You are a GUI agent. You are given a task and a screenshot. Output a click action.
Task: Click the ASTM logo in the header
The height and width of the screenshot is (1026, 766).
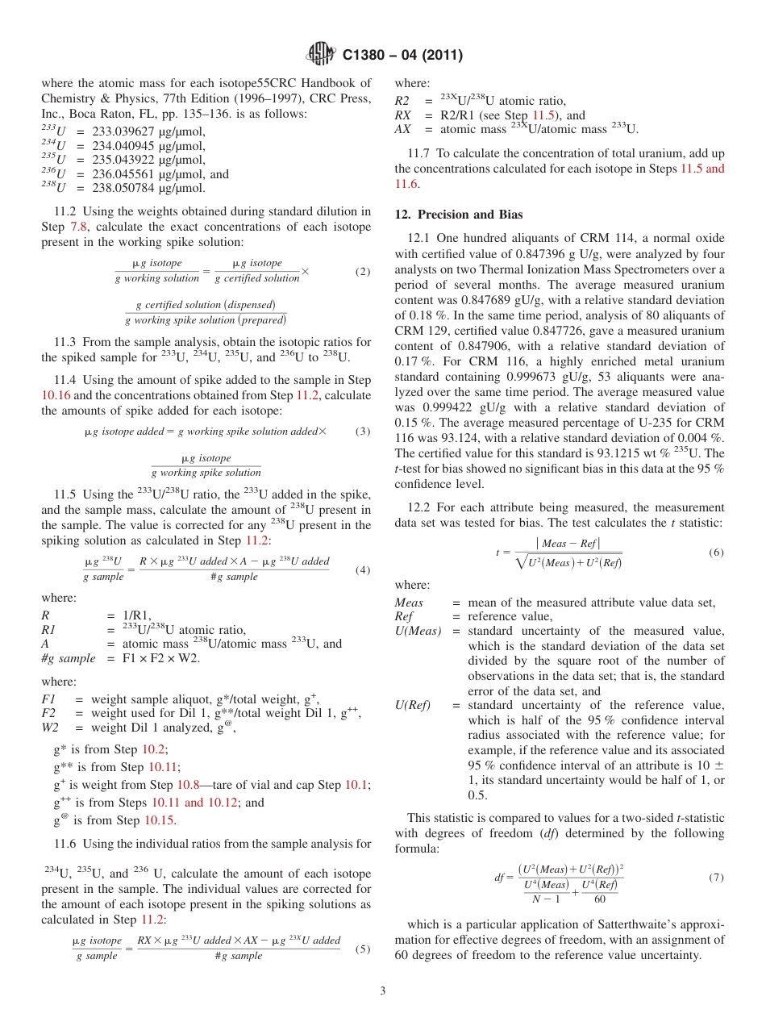pyautogui.click(x=322, y=55)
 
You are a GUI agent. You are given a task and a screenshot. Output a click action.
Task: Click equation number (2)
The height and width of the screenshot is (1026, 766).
pyautogui.click(x=362, y=272)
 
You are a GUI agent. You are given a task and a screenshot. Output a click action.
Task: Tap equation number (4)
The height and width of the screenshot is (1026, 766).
pyautogui.click(x=362, y=570)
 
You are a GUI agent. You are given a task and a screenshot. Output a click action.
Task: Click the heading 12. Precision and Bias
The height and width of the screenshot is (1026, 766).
pyautogui.click(x=458, y=215)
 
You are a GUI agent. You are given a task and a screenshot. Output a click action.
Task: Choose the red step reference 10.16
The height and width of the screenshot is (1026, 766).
pyautogui.click(x=56, y=395)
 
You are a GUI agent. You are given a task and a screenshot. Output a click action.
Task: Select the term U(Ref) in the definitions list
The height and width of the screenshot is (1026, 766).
pyautogui.click(x=412, y=706)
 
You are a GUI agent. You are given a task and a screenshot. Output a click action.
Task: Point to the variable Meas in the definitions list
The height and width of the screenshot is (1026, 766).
pyautogui.click(x=408, y=603)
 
